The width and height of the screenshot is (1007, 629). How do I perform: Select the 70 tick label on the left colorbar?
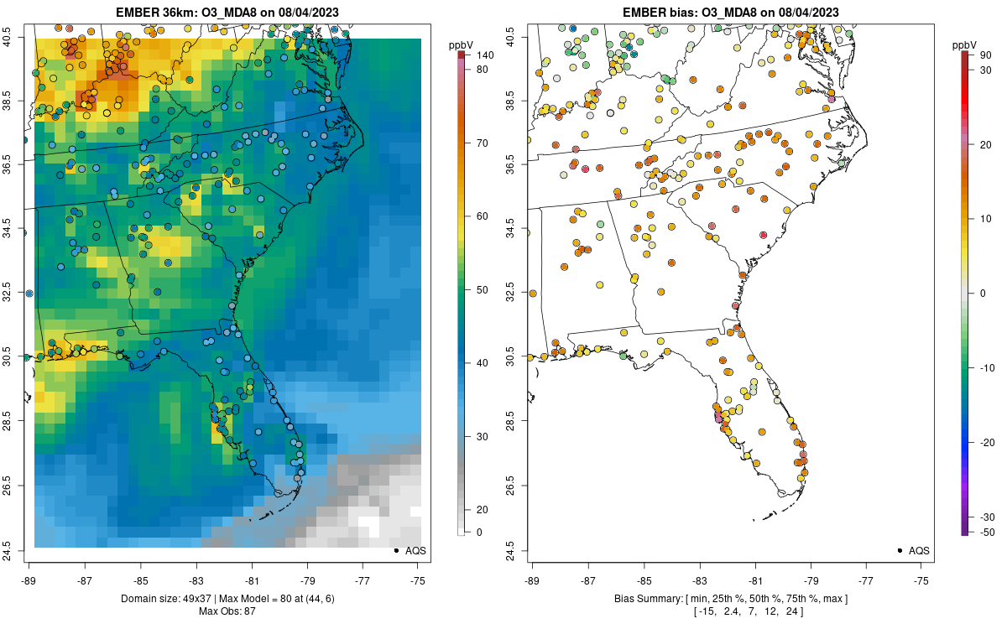pyautogui.click(x=482, y=143)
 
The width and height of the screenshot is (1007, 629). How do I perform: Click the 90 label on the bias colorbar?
pyautogui.click(x=985, y=55)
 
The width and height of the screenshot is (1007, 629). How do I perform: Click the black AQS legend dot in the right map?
pyautogui.click(x=900, y=550)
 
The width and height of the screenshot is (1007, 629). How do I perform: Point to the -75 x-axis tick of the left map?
pyautogui.click(x=417, y=580)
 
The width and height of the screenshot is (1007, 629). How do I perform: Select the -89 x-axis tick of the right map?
pyautogui.click(x=532, y=580)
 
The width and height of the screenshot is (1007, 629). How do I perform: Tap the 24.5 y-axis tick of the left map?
pyautogui.click(x=18, y=550)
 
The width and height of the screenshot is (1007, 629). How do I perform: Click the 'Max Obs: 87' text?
pyautogui.click(x=227, y=611)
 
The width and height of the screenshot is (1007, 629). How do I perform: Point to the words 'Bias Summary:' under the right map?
pyautogui.click(x=648, y=598)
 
